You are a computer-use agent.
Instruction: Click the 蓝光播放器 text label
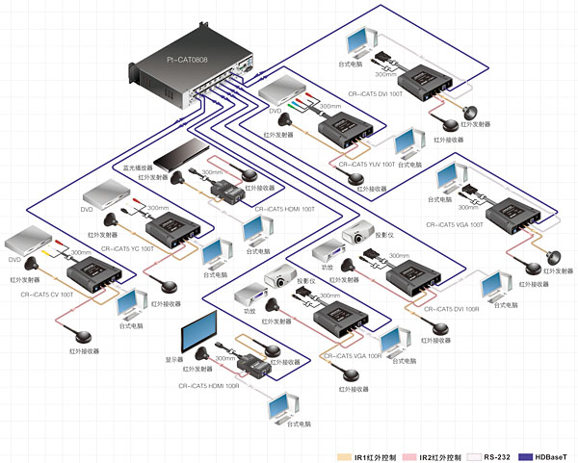click(139, 166)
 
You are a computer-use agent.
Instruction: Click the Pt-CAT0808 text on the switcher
click(186, 59)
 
